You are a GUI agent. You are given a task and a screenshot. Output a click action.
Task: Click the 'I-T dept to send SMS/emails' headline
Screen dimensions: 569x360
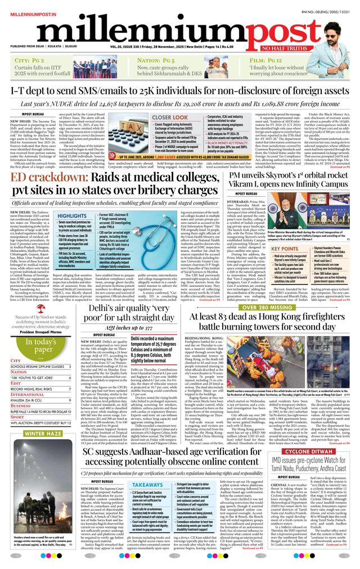click(180, 91)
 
